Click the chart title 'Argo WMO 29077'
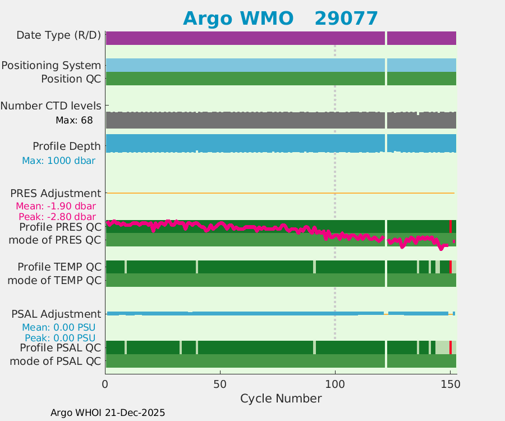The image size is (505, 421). (x=280, y=19)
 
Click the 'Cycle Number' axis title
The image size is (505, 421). (x=281, y=399)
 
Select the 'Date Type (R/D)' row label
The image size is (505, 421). (x=59, y=35)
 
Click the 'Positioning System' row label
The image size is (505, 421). (x=51, y=66)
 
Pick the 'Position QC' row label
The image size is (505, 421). (x=71, y=79)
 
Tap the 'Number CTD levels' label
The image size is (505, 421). (x=50, y=106)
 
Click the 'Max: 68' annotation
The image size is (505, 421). (x=74, y=120)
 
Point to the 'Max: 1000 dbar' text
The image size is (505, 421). (x=58, y=161)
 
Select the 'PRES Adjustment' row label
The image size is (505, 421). (x=56, y=193)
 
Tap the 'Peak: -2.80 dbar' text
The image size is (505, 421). (x=57, y=217)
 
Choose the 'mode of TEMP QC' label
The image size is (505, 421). (x=54, y=280)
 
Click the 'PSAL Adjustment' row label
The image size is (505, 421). (x=56, y=314)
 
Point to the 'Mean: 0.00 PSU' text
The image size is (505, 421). (x=58, y=327)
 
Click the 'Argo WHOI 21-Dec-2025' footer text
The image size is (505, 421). (x=108, y=413)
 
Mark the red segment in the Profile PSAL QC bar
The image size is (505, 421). (x=451, y=347)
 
